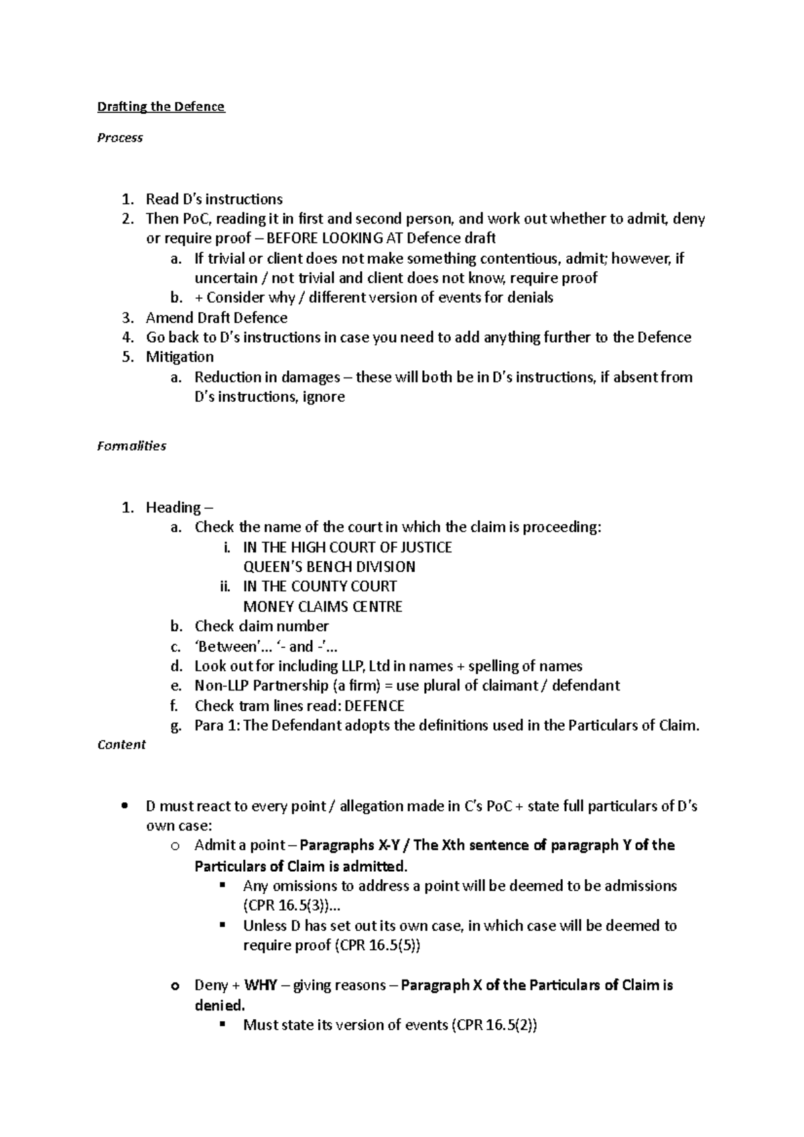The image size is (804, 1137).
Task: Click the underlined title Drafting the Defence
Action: [x=161, y=107]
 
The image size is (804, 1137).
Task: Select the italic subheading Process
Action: [x=120, y=138]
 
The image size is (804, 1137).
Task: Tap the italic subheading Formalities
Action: [x=131, y=446]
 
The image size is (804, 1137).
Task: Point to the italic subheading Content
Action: [x=121, y=745]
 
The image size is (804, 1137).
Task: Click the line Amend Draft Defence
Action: [x=216, y=318]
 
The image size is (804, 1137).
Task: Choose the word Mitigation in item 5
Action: [x=180, y=357]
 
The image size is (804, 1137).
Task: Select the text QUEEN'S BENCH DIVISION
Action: [x=329, y=567]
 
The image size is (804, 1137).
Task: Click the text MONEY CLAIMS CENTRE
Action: [x=322, y=607]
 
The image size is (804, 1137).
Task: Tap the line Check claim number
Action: [x=261, y=627]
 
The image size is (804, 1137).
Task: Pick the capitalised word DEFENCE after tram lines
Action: [x=375, y=706]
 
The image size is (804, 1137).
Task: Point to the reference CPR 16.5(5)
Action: [x=379, y=945]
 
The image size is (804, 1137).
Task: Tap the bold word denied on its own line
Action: [x=219, y=1006]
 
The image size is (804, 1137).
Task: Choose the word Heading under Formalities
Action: [x=173, y=508]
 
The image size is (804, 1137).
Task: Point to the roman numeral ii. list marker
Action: [x=224, y=587]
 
